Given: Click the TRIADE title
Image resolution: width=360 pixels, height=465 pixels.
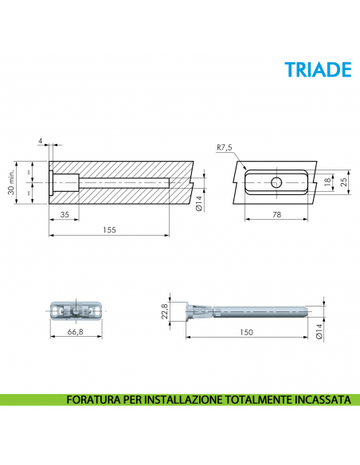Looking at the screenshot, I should pos(318,70).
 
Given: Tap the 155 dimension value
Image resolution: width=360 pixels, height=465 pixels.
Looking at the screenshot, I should pos(109,229).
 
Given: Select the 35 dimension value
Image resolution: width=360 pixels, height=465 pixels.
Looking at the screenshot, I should pos(63,214).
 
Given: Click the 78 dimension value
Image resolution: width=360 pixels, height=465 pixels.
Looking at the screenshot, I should pos(276,214).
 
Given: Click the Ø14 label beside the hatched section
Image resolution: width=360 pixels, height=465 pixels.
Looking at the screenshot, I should pos(199,205).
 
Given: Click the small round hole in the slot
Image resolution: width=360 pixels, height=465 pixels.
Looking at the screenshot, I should pos(276,182).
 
